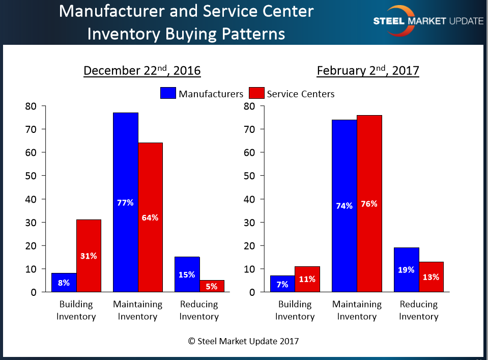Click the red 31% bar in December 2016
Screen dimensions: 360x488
(x=89, y=256)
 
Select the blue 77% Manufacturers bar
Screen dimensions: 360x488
(x=125, y=202)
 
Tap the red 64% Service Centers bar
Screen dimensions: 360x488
(x=150, y=217)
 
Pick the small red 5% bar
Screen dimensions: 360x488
(x=212, y=286)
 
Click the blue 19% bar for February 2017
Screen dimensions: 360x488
(x=407, y=270)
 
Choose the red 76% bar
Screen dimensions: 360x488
(x=369, y=204)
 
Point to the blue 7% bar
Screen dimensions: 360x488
(x=281, y=284)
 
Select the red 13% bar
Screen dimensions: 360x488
(x=431, y=276)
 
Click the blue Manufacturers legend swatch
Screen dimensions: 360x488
(x=168, y=93)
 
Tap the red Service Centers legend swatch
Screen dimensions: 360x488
(x=256, y=93)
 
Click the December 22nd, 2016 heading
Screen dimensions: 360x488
(x=142, y=70)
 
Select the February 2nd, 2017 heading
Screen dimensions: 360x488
(x=367, y=70)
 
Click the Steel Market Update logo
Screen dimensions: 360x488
(x=427, y=21)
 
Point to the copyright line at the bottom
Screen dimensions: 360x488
(x=244, y=341)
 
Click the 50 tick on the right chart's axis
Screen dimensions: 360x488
(x=248, y=176)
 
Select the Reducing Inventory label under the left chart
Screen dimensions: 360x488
(x=198, y=310)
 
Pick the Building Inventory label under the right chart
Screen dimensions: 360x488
(x=295, y=310)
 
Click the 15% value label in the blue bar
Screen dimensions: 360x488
(x=187, y=274)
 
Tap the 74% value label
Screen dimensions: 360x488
(x=345, y=206)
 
